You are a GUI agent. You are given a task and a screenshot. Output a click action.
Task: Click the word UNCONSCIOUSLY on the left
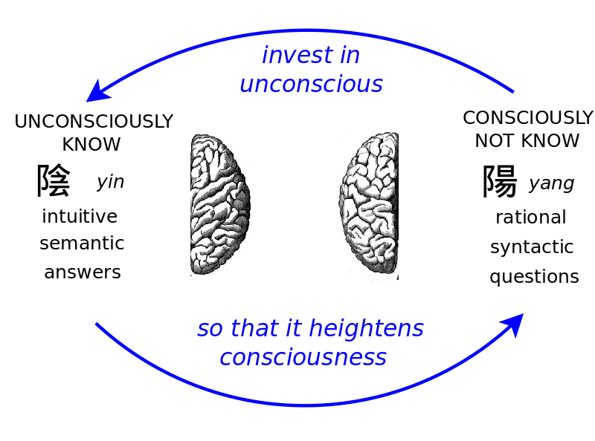pos(94,122)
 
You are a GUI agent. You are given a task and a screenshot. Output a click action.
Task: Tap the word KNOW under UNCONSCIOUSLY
pos(91,144)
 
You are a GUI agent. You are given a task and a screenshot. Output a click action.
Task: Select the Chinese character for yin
pos(54,180)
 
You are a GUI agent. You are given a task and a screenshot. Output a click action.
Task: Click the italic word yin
pos(110,182)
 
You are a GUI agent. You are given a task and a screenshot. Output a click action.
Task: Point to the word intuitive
pos(80,217)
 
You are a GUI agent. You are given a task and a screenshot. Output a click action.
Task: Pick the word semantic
pos(82,244)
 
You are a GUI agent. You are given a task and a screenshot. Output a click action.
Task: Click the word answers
pos(83,272)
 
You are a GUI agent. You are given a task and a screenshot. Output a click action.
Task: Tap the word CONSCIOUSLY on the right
pos(528,118)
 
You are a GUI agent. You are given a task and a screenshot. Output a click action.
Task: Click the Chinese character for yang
pos(500,182)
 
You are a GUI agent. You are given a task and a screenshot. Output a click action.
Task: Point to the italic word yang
pos(551,183)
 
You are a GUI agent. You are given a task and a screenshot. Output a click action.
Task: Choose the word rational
pos(531,218)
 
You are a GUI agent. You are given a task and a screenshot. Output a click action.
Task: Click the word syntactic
pos(532,247)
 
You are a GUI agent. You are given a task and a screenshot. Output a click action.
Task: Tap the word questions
pos(534,277)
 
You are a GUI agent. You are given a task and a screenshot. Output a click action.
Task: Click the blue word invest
pos(290,56)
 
